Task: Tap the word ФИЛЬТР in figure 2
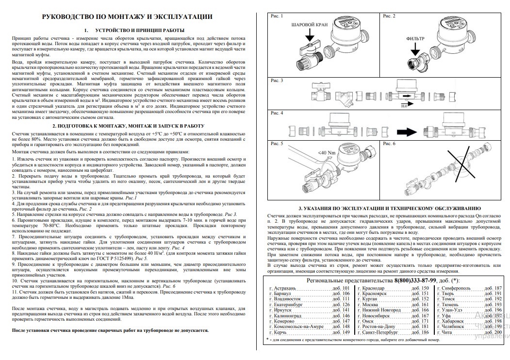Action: pyautogui.click(x=415, y=37)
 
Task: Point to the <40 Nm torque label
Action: pyautogui.click(x=326, y=152)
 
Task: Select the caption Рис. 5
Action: pyautogui.click(x=277, y=144)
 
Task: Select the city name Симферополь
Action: pyautogui.click(x=457, y=288)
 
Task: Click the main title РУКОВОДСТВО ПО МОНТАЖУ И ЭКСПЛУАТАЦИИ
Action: pyautogui.click(x=127, y=17)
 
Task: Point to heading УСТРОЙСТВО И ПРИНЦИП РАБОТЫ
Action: pyautogui.click(x=144, y=30)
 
